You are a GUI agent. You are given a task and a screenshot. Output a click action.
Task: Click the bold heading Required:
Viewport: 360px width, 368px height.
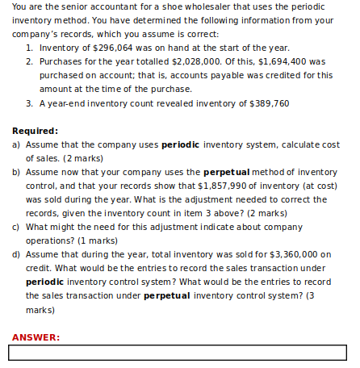point(35,130)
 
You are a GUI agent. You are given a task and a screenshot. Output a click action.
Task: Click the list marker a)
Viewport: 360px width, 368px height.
point(16,144)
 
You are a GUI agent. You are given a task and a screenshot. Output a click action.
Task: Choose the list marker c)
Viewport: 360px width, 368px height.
point(16,226)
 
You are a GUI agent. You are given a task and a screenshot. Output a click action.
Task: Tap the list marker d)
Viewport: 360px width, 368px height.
point(16,253)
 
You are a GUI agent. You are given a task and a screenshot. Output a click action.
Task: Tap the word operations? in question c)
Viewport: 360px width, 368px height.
point(53,240)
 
